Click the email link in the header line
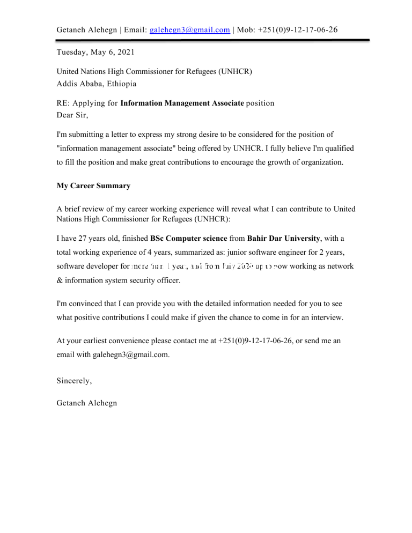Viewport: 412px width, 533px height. (x=190, y=30)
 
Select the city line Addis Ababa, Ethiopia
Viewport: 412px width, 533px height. (x=97, y=84)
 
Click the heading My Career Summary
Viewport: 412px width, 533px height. (x=93, y=186)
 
